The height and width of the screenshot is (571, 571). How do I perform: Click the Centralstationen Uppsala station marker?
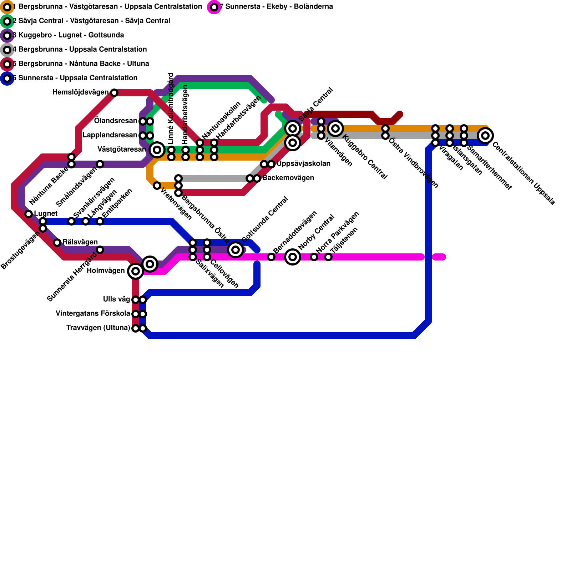coord(485,136)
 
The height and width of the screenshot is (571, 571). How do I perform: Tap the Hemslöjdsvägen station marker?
coord(114,93)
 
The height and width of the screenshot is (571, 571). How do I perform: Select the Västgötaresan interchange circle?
coord(157,150)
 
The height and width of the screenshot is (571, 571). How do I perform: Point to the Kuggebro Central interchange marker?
coord(335,128)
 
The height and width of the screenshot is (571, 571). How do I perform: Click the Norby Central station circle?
coord(293,257)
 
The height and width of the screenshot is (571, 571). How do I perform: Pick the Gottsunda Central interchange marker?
coord(236,250)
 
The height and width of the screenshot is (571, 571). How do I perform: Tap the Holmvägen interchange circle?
coord(136,271)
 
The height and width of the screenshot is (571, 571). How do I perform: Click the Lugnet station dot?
coord(29,214)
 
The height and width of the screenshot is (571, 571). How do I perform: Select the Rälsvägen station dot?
coord(57,243)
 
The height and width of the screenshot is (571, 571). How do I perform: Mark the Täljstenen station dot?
coord(328,257)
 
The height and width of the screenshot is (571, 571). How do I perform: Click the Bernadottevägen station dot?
coord(271,257)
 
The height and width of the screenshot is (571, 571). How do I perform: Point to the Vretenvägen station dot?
coord(157,186)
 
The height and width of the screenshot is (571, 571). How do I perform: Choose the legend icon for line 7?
coord(214,7)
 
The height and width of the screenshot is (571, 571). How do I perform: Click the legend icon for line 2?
coord(7,21)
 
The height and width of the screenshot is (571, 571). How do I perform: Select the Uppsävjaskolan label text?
coord(303,164)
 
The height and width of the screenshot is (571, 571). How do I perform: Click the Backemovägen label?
coord(288,178)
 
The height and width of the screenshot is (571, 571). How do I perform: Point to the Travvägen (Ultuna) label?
coord(98,328)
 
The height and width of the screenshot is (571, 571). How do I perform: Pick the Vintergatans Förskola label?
coord(93,314)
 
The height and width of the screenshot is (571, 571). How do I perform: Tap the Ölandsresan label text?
coord(115,121)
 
